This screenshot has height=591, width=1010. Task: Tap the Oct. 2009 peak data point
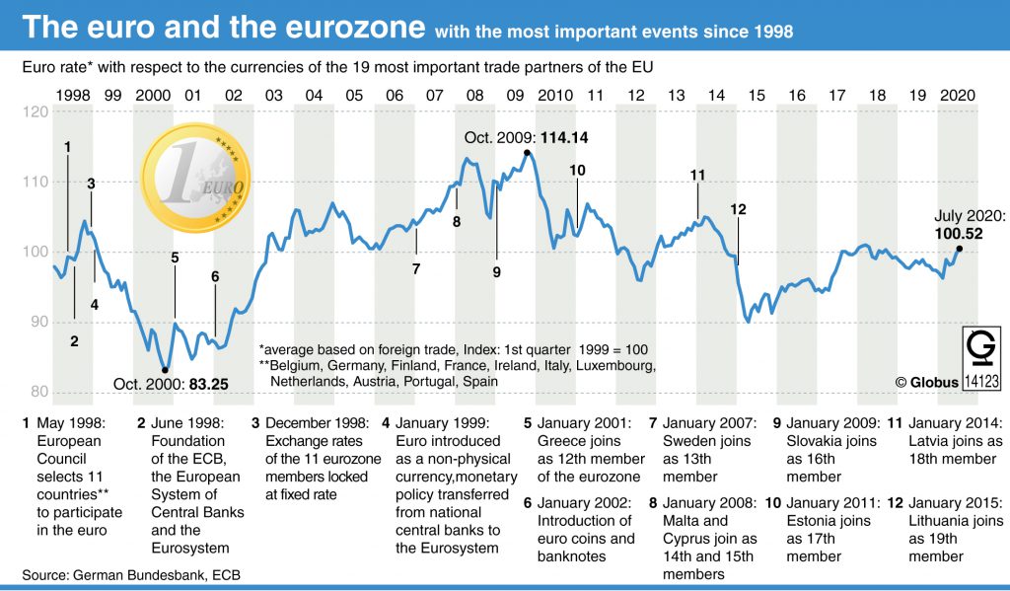[528, 153]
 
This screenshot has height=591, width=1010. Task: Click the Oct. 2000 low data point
[165, 369]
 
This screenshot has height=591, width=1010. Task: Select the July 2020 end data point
[960, 249]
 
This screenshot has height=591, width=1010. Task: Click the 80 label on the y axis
[39, 392]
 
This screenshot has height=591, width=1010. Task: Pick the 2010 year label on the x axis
[555, 95]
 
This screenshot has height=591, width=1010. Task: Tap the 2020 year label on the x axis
[957, 95]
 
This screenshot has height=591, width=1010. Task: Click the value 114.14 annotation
[565, 137]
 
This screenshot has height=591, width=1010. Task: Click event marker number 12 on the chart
[739, 209]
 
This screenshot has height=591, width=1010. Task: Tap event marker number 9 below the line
[497, 271]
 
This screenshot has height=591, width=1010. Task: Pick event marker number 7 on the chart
[416, 268]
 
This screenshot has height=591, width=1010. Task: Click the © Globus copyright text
[927, 382]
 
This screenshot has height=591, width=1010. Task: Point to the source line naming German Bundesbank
[131, 574]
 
